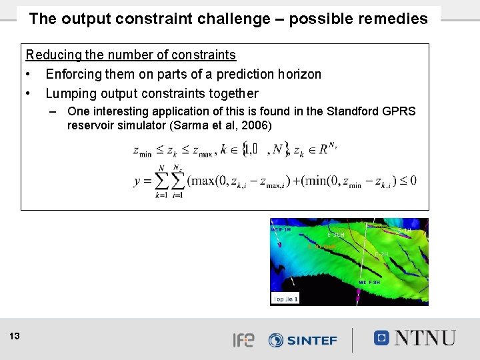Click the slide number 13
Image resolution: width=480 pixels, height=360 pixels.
click(15, 337)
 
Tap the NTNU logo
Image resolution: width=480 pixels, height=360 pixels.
click(415, 338)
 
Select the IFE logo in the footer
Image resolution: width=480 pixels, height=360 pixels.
click(243, 340)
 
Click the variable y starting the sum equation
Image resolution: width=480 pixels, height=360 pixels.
click(137, 181)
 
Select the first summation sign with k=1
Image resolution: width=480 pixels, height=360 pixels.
click(161, 181)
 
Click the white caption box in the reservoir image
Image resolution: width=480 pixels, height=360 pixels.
click(286, 299)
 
